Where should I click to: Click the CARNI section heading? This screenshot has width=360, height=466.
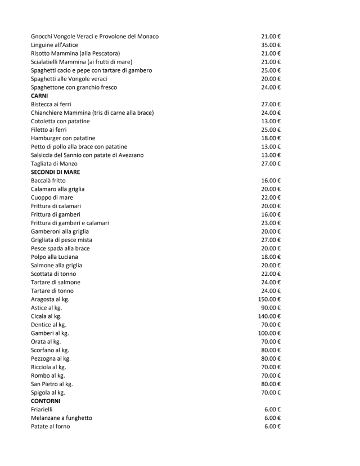point(39,96)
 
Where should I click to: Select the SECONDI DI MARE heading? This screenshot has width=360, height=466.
point(55,172)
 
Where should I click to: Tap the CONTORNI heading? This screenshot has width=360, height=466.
point(46,401)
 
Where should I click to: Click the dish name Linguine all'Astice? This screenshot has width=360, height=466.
point(55,45)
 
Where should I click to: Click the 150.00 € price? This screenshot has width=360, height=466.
point(269,299)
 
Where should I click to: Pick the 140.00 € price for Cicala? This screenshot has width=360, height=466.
point(269,316)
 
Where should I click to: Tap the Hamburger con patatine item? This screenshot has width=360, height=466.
point(63,138)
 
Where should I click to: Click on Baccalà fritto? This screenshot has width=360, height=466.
point(48,181)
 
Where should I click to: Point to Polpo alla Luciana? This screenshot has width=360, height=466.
point(55,257)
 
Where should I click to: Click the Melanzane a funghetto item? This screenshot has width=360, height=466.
point(61,418)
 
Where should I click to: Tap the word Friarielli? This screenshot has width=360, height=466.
point(42,410)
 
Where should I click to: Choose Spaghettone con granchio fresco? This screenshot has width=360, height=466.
point(74,87)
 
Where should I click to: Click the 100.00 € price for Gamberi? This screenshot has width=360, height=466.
point(269,333)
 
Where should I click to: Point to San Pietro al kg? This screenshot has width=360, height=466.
point(52,384)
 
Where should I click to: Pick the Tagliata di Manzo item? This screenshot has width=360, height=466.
point(54,164)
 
